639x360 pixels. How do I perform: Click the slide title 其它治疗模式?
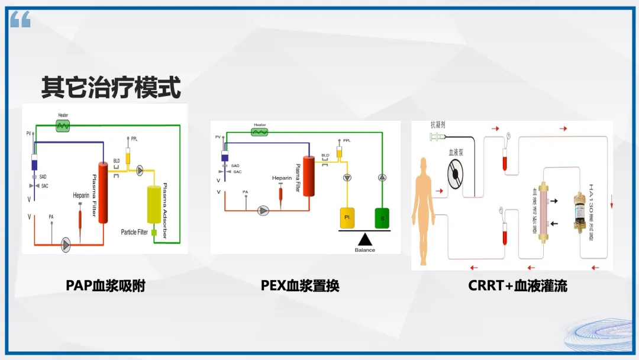pos(111,86)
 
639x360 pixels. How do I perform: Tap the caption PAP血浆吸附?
pos(105,286)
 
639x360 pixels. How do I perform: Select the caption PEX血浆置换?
pos(300,286)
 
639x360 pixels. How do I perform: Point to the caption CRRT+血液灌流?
pos(518,286)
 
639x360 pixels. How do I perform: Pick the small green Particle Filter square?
pos(154,233)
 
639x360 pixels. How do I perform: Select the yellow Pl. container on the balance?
pos(347,218)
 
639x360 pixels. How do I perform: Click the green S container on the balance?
pos(382,218)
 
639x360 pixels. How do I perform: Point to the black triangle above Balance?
pos(365,239)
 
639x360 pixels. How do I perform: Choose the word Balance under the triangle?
pos(365,250)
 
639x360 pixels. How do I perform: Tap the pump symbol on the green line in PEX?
pos(382,177)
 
